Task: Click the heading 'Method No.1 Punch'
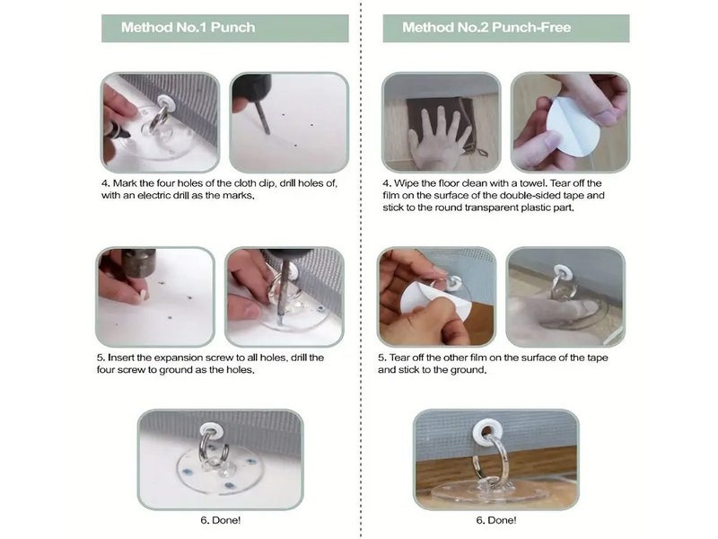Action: pyautogui.click(x=188, y=28)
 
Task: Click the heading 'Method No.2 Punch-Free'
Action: pyautogui.click(x=486, y=28)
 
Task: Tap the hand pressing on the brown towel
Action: pyautogui.click(x=440, y=136)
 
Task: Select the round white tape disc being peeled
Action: pyautogui.click(x=574, y=126)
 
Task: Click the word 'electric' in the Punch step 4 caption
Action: pyautogui.click(x=153, y=196)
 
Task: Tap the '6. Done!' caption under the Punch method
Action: pyautogui.click(x=220, y=520)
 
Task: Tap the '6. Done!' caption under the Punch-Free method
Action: pyautogui.click(x=496, y=520)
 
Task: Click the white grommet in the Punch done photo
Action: pyautogui.click(x=211, y=430)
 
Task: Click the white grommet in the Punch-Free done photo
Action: pyautogui.click(x=487, y=431)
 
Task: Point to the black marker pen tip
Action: pyautogui.click(x=127, y=135)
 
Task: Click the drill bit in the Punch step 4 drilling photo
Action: pyautogui.click(x=263, y=118)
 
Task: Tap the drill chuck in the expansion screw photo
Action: pyautogui.click(x=138, y=263)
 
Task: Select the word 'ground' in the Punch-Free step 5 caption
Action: pyautogui.click(x=468, y=370)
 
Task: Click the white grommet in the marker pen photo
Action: pyautogui.click(x=165, y=102)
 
